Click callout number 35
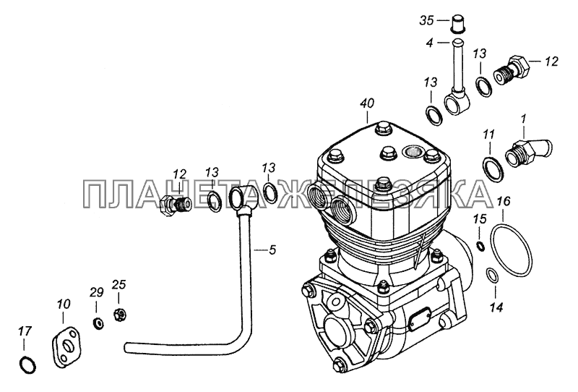[426, 20]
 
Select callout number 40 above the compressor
[367, 103]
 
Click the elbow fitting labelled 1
[529, 151]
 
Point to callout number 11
[489, 135]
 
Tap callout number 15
[480, 219]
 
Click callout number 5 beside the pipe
[272, 250]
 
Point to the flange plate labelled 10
[68, 346]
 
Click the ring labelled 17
[27, 365]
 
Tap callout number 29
[96, 293]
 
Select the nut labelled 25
[120, 315]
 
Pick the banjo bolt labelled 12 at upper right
[513, 71]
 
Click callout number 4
[429, 43]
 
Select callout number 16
[504, 202]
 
